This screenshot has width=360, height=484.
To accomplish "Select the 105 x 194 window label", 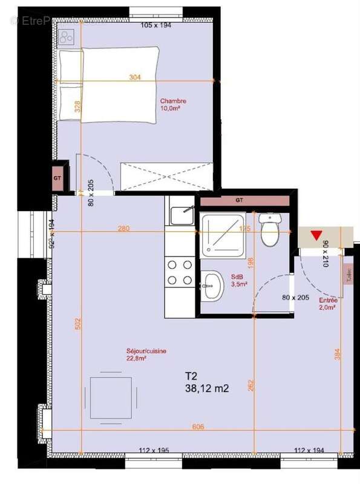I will coord(156,25).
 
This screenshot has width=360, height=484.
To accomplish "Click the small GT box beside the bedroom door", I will coord(59,178).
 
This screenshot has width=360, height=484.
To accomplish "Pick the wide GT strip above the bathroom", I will coord(240,200).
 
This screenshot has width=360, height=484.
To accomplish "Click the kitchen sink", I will coord(181,215).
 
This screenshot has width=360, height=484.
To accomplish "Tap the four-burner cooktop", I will coord(179,272).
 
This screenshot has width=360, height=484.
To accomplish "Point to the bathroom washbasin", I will coord(212,285).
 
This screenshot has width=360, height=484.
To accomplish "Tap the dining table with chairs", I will coord(111,397).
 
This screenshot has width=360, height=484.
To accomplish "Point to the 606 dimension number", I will coord(198,427).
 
